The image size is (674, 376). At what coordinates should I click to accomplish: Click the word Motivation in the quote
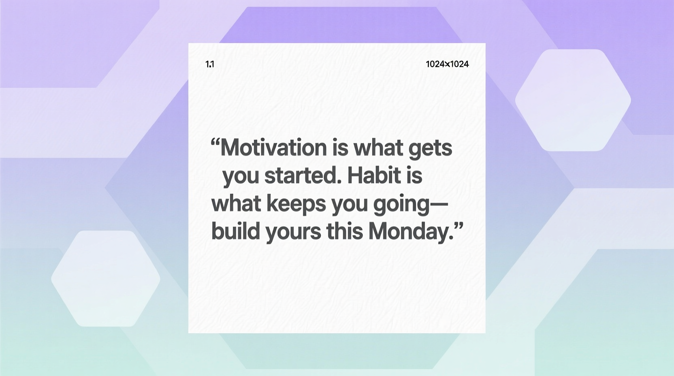point(273,147)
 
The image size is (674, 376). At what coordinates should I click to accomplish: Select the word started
point(300,175)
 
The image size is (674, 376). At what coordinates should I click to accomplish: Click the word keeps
point(296,204)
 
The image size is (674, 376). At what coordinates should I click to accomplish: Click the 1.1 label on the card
point(210,64)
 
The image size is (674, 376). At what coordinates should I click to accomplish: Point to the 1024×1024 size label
point(447,64)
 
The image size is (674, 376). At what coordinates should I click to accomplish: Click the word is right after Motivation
point(340,147)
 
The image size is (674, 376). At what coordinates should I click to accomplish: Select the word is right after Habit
point(414,175)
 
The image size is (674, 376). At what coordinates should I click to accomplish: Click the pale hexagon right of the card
point(573,100)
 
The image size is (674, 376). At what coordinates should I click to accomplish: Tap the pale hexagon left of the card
point(106,278)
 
